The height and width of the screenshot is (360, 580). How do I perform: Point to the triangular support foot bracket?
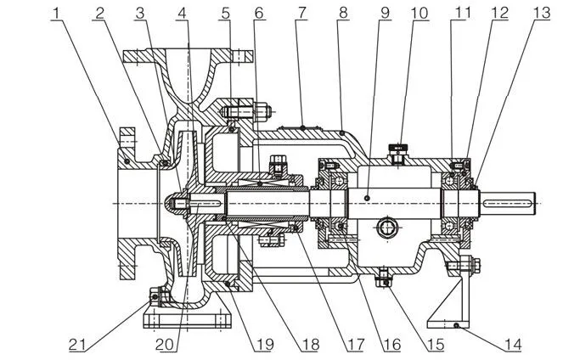coord(454,293)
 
